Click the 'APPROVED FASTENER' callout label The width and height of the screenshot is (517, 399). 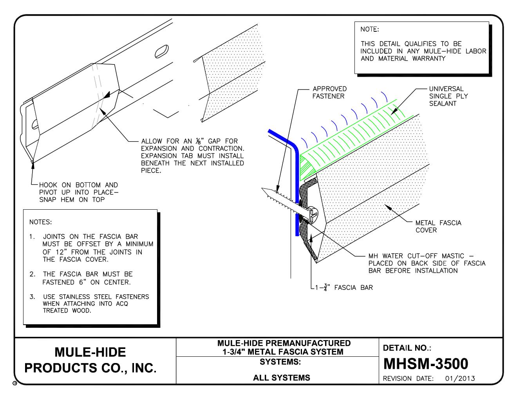(x=329, y=92)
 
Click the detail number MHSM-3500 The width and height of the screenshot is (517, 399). (x=425, y=364)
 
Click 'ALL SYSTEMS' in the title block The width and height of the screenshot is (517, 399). (x=282, y=378)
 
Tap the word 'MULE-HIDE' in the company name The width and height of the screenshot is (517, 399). (x=90, y=352)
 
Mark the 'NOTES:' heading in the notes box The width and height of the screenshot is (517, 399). (x=40, y=222)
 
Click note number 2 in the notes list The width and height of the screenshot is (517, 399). (x=33, y=274)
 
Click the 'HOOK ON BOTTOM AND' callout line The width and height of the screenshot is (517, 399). (x=78, y=185)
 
